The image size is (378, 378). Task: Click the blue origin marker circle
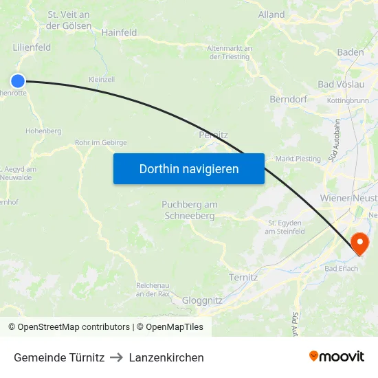18,81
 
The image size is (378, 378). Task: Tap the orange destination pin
359,243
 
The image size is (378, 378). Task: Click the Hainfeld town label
119,32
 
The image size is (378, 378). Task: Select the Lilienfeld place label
32,47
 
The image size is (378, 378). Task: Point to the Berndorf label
288,99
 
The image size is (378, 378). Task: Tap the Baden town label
351,52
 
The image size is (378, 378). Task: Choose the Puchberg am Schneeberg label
190,210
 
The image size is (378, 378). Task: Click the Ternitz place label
243,277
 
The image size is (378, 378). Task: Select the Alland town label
271,14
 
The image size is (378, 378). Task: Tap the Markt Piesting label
298,159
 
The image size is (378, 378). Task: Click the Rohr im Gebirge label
101,143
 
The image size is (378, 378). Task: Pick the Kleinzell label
102,80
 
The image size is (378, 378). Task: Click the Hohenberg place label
43,131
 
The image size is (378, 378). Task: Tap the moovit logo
337,356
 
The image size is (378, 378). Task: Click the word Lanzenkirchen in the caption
166,357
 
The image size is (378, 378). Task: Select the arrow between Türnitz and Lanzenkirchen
117,357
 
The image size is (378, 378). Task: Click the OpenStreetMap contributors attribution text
74,327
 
